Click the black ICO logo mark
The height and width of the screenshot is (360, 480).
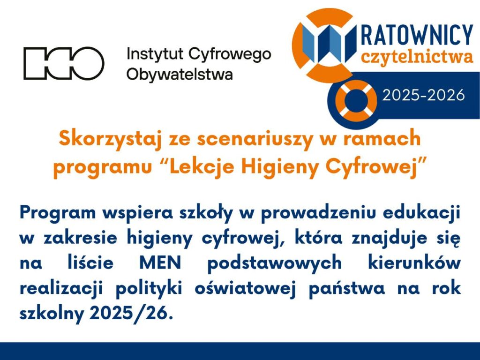pos(64,63)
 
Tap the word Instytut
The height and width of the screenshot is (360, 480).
pos(155,54)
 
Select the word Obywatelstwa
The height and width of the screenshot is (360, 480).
pos(180,75)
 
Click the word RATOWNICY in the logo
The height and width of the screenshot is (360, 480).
pos(417,36)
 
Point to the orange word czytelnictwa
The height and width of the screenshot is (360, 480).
pos(417,57)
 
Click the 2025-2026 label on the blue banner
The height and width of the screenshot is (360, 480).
pos(423,96)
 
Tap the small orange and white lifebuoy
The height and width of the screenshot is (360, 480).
pos(356,100)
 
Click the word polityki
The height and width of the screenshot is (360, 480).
pos(149,289)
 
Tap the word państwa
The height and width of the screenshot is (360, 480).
pos(347,289)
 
